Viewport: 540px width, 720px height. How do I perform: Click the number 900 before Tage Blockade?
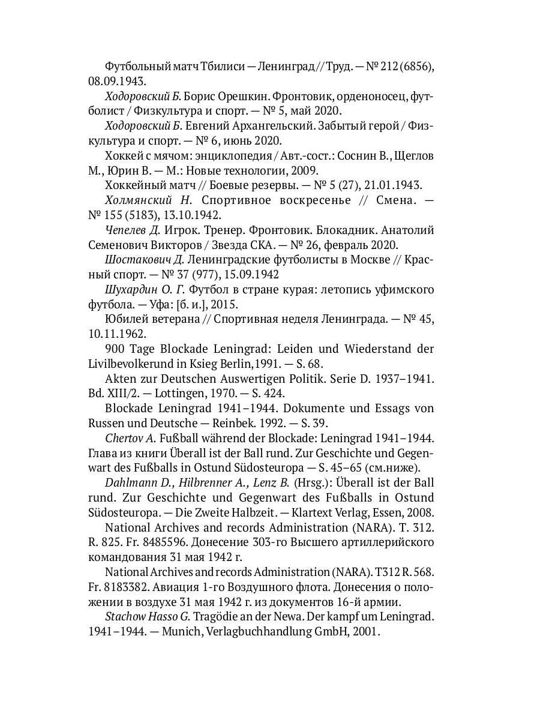115,349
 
